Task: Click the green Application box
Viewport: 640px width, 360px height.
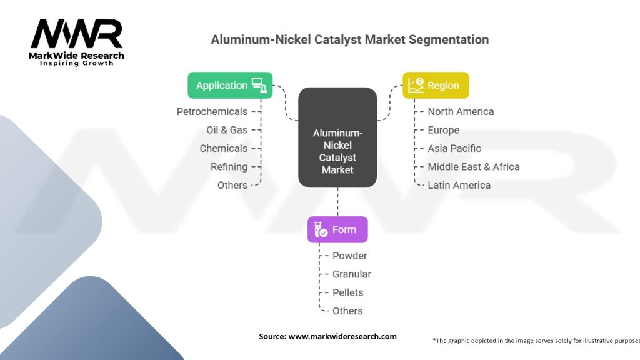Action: click(230, 86)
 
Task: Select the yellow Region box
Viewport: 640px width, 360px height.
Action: click(436, 86)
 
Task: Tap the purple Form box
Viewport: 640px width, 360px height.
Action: click(337, 229)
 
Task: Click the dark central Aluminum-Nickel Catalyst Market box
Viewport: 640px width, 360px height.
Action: click(337, 137)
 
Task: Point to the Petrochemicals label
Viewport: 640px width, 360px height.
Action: click(212, 111)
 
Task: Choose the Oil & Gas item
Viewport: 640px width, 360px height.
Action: click(227, 130)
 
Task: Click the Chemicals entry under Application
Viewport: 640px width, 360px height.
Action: click(223, 148)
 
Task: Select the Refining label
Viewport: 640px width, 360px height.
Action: click(229, 167)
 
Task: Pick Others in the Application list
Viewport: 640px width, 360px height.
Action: click(232, 185)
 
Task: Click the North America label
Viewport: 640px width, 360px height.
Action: click(461, 111)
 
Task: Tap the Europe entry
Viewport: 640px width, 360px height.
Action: click(443, 130)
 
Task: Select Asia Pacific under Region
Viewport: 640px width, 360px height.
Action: click(454, 148)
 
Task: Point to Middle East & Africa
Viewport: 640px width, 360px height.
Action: click(473, 167)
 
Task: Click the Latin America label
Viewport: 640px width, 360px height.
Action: click(459, 185)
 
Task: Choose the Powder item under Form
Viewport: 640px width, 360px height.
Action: click(349, 256)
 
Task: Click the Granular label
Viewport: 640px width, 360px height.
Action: click(351, 274)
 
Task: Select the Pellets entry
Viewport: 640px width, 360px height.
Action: click(347, 292)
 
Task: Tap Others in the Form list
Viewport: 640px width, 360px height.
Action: click(347, 311)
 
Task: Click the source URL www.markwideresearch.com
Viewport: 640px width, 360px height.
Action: click(342, 336)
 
